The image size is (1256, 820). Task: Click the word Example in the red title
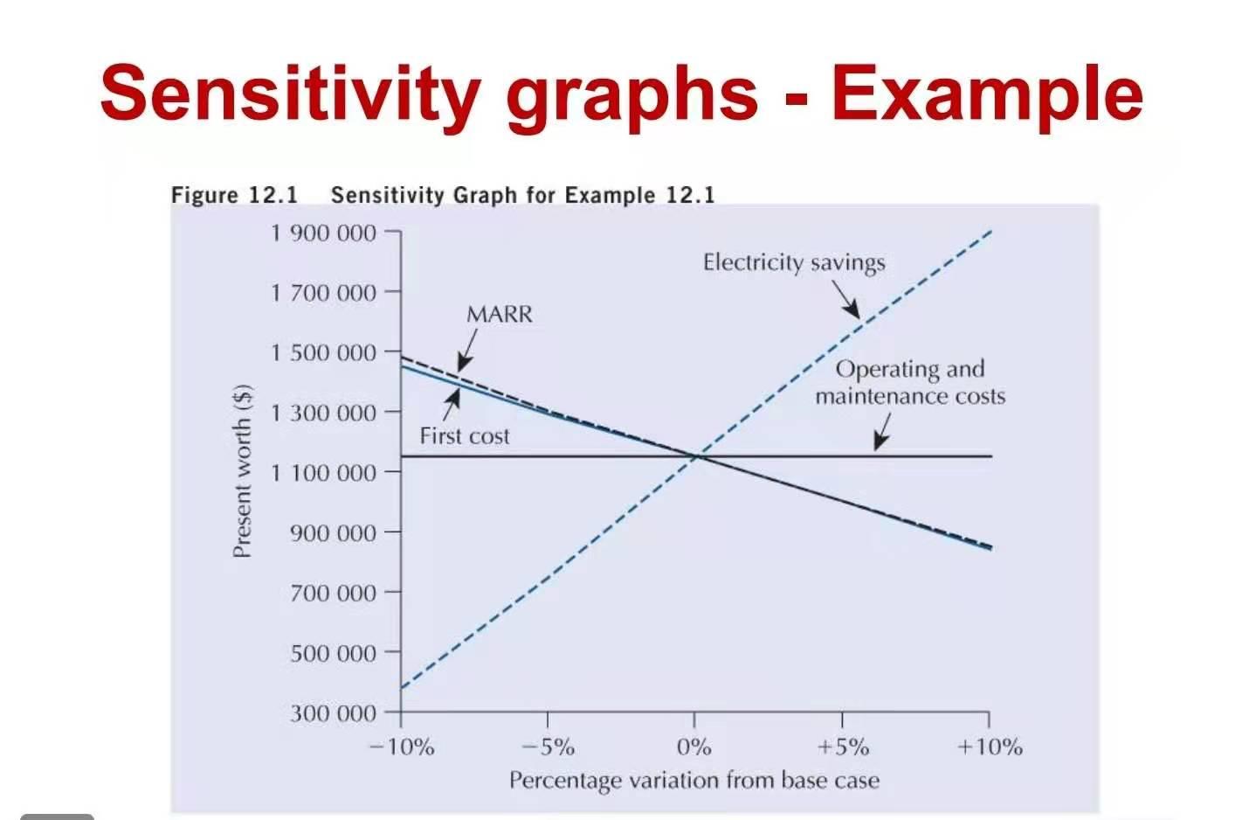(x=987, y=94)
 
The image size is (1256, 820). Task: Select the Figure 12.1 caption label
(x=234, y=194)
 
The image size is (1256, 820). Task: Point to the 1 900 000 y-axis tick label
(x=323, y=233)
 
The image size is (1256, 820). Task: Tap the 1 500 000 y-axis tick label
(x=323, y=352)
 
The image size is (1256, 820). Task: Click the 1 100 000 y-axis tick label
(x=323, y=473)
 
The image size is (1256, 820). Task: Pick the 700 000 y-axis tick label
(x=333, y=593)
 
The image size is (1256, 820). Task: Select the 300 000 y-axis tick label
(x=333, y=713)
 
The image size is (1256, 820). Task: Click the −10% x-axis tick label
(x=401, y=747)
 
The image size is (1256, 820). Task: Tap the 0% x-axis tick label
(x=694, y=747)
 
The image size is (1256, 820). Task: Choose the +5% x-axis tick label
(x=843, y=747)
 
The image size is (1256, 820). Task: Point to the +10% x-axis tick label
(x=990, y=747)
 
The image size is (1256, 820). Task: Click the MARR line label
(x=499, y=314)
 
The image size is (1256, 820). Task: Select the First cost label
(x=464, y=435)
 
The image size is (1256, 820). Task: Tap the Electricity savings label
(x=794, y=262)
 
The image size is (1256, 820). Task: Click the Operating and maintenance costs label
(x=910, y=382)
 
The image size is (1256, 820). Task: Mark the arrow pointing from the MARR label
(x=466, y=352)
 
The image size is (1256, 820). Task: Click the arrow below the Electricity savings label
(x=845, y=299)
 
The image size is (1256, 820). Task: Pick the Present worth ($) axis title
(x=242, y=470)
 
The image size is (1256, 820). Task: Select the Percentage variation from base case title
(x=694, y=780)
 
